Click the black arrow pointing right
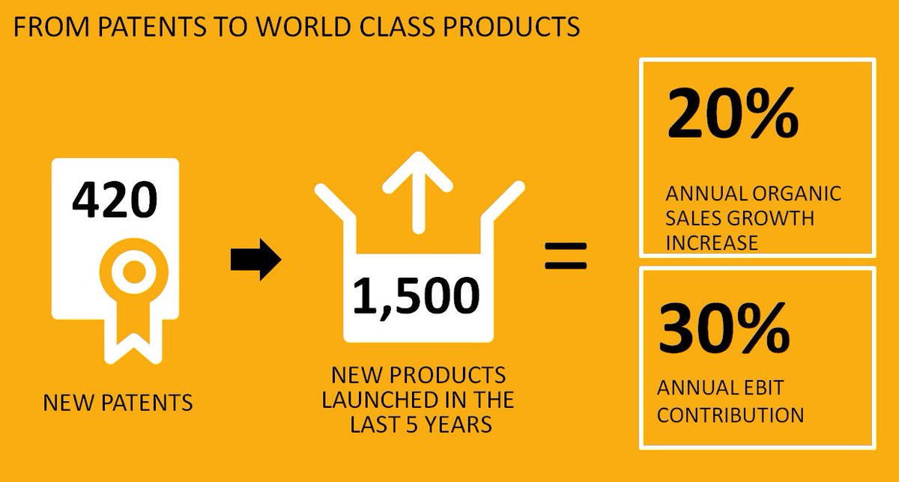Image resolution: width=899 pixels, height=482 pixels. pyautogui.click(x=255, y=260)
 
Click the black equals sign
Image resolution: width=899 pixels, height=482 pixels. pyautogui.click(x=566, y=254)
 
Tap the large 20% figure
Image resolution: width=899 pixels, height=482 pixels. pyautogui.click(x=732, y=114)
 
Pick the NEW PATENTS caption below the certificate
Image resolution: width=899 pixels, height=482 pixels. pyautogui.click(x=118, y=403)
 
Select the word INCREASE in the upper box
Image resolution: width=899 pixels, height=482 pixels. pyautogui.click(x=711, y=243)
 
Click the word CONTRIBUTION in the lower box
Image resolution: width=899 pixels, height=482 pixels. pyautogui.click(x=730, y=414)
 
